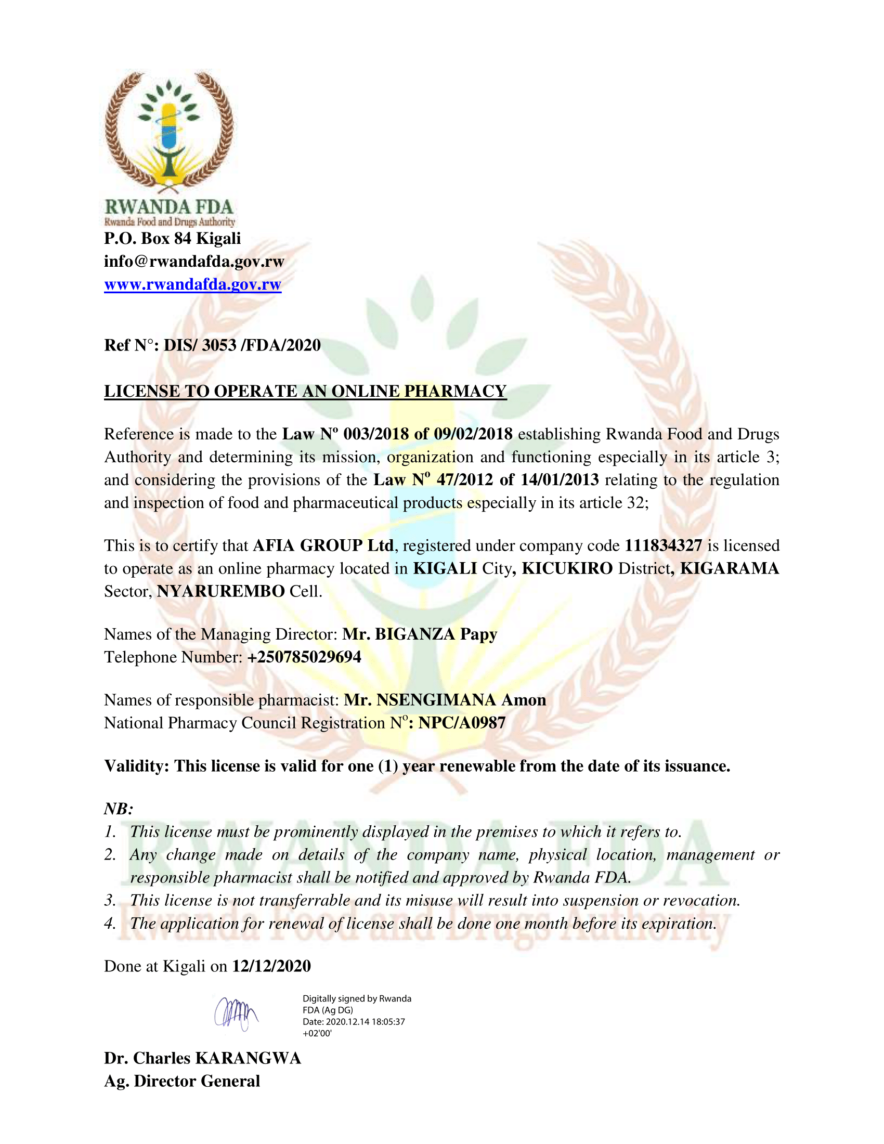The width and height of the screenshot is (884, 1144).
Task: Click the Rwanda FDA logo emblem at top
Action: click(169, 131)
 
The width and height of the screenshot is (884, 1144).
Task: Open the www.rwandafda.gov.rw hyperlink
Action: click(193, 284)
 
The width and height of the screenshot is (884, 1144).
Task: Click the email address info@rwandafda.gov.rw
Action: click(194, 262)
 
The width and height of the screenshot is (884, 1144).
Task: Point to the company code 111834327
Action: click(663, 546)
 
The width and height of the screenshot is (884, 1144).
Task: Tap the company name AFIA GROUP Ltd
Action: click(323, 546)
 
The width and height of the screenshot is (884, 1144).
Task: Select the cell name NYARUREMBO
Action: click(220, 591)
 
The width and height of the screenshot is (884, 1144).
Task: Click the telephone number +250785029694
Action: click(304, 657)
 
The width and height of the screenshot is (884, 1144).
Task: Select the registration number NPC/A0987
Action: click(462, 723)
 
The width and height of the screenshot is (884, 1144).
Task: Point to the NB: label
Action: click(119, 809)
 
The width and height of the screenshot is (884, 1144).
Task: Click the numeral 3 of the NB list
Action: click(109, 901)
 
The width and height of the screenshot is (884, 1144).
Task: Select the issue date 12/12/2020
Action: click(271, 967)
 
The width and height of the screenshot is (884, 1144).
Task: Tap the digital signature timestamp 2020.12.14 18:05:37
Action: click(365, 1022)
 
